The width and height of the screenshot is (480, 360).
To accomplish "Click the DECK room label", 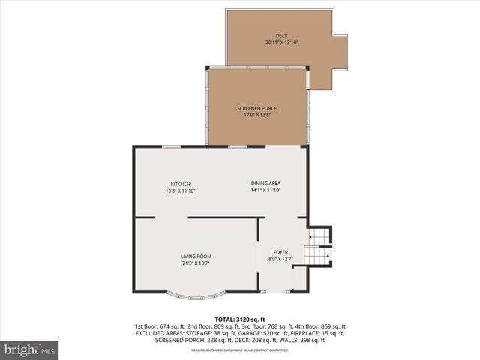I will pos(281,36).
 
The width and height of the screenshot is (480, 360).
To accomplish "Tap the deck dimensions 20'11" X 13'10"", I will pos(281,43).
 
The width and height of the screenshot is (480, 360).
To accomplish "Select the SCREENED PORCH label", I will pos(257,108).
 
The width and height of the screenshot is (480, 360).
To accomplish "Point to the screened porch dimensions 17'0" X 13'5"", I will pos(257,115).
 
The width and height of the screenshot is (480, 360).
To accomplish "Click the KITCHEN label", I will pos(180,184).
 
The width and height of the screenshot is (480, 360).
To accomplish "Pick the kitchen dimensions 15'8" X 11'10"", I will pos(180,190).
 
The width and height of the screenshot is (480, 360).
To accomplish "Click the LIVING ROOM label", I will pos(196,256).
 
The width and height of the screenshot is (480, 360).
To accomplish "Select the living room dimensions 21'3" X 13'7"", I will pos(196,263).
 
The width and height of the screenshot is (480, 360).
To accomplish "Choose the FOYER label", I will pos(280,252).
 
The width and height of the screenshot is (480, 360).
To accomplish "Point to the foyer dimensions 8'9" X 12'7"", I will pos(280,259).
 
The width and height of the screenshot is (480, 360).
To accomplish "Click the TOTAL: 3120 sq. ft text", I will pos(240,319).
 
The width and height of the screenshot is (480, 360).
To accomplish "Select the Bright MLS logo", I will pos(30,349).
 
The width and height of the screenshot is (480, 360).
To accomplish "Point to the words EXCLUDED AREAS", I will pos(160,333).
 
